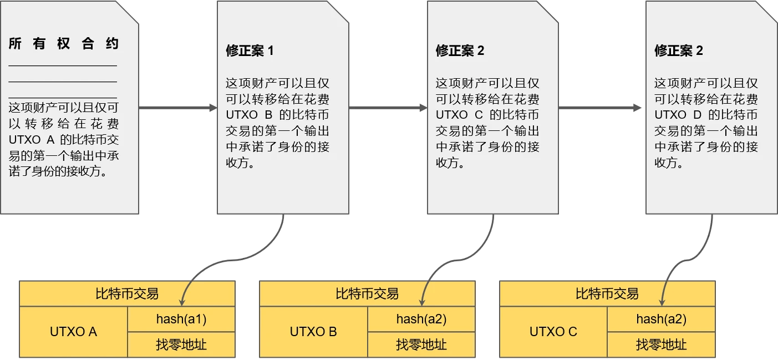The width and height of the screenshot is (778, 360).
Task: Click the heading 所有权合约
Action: point(64,44)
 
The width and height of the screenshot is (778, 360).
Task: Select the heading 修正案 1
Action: point(250,51)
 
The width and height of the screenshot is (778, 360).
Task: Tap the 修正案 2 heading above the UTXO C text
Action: point(460,51)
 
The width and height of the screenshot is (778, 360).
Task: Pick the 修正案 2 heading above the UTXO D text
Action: point(679,51)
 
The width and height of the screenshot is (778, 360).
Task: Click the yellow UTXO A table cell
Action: point(73,332)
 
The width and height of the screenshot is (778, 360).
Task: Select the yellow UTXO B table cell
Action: point(313,332)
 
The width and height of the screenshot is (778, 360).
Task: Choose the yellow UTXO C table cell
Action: point(553,332)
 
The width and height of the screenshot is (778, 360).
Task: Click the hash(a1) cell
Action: point(181,319)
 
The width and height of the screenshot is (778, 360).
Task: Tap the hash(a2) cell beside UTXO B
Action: point(421,319)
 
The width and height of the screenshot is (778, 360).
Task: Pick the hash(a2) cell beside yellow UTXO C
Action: point(662,319)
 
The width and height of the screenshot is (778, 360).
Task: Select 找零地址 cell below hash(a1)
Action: point(181,344)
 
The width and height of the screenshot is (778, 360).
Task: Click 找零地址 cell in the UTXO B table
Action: point(421,344)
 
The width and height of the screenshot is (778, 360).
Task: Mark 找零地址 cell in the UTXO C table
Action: point(662,344)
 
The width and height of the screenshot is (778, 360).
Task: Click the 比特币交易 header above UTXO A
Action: point(127,293)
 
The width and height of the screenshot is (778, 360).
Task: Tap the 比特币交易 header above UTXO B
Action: point(367,293)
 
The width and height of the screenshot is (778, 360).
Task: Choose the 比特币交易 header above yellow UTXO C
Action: point(607,293)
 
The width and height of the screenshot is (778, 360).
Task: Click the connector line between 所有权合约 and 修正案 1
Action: point(177,105)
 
